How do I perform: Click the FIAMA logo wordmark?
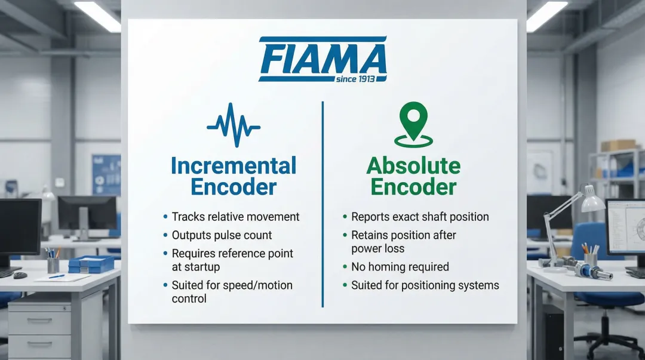[323, 59]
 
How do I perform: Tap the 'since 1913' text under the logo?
[355, 79]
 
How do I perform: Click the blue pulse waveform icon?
[234, 125]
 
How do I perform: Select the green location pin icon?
[413, 124]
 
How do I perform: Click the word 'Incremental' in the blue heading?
[234, 165]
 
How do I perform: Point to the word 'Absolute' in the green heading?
[413, 166]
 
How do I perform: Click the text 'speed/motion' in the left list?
[259, 285]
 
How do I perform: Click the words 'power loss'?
[377, 249]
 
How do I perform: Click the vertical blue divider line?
[322, 204]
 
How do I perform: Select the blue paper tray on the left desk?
[91, 264]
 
